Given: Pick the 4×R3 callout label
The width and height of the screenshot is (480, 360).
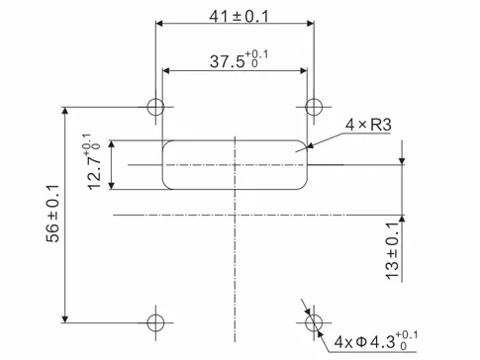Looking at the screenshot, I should click(x=366, y=125).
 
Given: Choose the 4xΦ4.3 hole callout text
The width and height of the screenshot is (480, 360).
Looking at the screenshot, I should click(x=376, y=343).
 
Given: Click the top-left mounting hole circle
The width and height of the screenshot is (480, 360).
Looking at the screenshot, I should click(x=155, y=107).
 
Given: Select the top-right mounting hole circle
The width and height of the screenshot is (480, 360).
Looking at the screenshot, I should click(x=314, y=107).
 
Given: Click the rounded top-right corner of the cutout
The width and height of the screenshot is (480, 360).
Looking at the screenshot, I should click(x=303, y=143).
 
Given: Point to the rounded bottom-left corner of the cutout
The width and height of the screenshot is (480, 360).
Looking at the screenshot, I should click(x=167, y=183).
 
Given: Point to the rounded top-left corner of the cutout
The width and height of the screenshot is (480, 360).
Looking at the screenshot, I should click(x=167, y=143).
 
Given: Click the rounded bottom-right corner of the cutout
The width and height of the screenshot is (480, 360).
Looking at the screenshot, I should click(x=303, y=183).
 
